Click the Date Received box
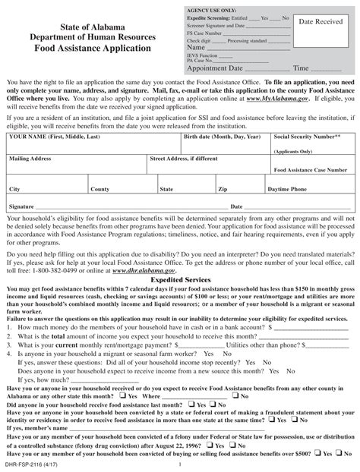pos(324,38)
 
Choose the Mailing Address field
pos(76,169)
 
